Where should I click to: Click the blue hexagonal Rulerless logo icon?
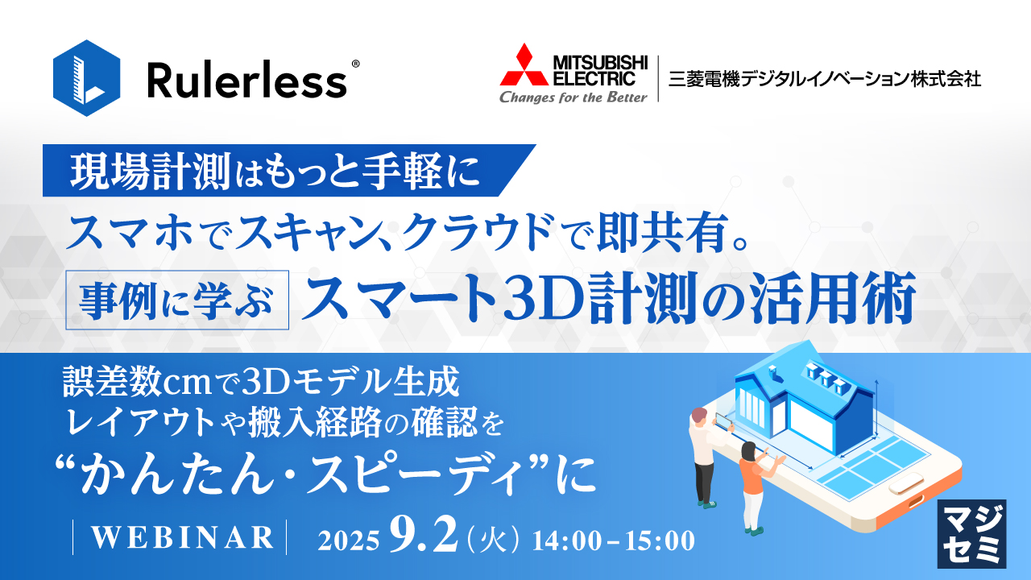(86, 79)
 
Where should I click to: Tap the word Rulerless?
(247, 81)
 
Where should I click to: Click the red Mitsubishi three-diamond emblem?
(524, 66)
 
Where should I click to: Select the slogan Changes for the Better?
(573, 97)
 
